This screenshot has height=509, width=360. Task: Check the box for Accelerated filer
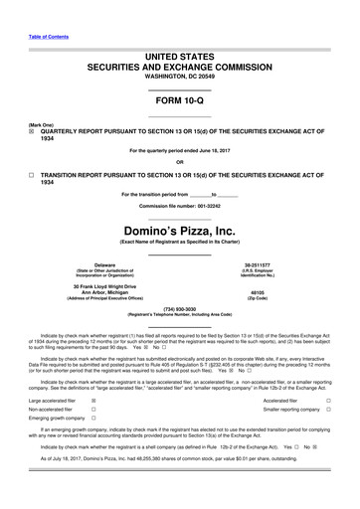tap(342, 400)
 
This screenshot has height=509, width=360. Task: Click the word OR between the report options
tap(179, 163)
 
